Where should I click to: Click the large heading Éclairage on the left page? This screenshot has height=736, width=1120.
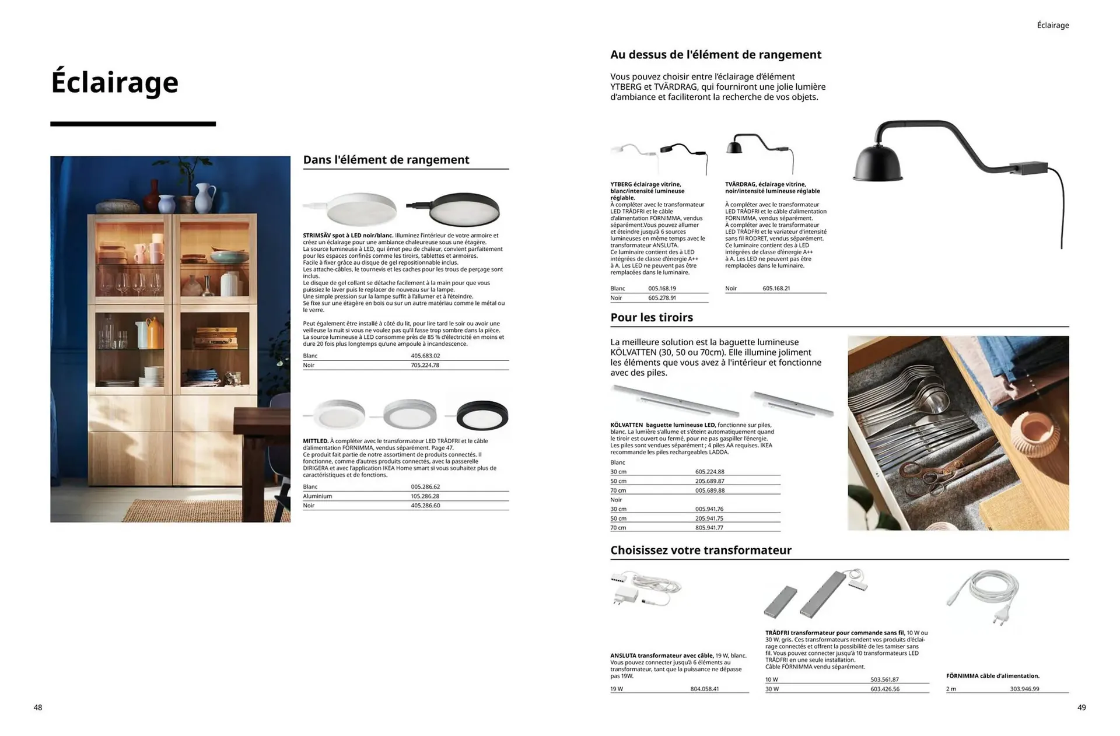[115, 82]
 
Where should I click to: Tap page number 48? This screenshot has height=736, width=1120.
[38, 707]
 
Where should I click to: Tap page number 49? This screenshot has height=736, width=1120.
[1081, 707]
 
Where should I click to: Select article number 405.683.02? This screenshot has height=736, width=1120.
[425, 356]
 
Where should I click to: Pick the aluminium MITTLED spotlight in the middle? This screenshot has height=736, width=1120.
[410, 414]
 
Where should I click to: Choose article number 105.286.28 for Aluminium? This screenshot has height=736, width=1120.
[425, 496]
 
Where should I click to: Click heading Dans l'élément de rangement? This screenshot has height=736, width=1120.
[386, 160]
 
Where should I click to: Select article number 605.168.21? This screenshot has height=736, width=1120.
[776, 289]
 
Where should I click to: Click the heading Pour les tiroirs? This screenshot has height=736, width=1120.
[652, 318]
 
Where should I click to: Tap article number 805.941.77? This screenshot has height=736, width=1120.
[709, 528]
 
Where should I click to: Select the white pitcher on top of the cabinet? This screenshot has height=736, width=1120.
[205, 198]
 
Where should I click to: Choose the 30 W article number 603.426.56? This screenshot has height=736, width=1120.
[885, 689]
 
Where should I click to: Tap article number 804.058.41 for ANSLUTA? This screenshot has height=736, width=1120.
[705, 689]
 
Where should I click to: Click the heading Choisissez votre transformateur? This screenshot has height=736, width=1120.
[701, 551]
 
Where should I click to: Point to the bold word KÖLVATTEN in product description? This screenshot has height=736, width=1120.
[626, 425]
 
